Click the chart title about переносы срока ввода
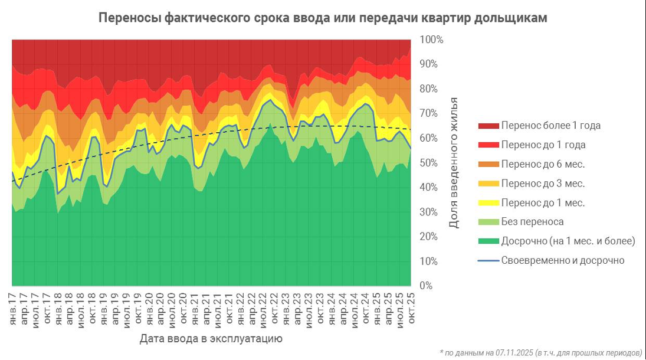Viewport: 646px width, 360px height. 322,18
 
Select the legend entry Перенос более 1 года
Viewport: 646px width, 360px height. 550,126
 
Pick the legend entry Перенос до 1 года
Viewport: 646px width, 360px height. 543,145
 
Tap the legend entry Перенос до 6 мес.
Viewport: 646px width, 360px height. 543,164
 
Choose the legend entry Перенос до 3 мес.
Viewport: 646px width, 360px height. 543,184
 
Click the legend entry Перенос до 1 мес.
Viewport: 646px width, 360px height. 543,202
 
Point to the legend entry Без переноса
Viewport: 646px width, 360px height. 532,222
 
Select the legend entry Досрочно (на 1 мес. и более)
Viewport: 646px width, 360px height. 568,241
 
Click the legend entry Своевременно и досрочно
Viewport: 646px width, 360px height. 562,260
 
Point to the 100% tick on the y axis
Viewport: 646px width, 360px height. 431,40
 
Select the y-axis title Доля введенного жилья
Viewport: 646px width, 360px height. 454,163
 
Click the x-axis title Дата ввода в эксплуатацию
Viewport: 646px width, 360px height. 211,339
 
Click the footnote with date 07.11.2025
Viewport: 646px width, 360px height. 540,352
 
